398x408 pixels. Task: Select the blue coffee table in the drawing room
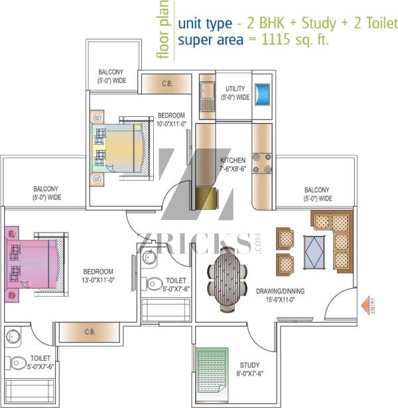click(314, 252)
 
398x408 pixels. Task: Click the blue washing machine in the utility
click(262, 94)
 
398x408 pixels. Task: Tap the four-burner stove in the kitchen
click(262, 163)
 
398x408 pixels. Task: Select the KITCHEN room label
click(233, 160)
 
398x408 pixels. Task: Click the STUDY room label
click(249, 365)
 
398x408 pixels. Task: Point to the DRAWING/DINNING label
click(281, 291)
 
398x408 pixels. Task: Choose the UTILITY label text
click(235, 88)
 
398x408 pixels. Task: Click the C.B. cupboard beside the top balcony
click(166, 84)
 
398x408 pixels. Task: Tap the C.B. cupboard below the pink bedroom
click(90, 332)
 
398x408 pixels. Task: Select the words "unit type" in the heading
click(205, 24)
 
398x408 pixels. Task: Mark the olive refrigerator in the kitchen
click(206, 198)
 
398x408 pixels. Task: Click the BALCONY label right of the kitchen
click(316, 189)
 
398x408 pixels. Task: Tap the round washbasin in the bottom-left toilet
click(13, 337)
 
